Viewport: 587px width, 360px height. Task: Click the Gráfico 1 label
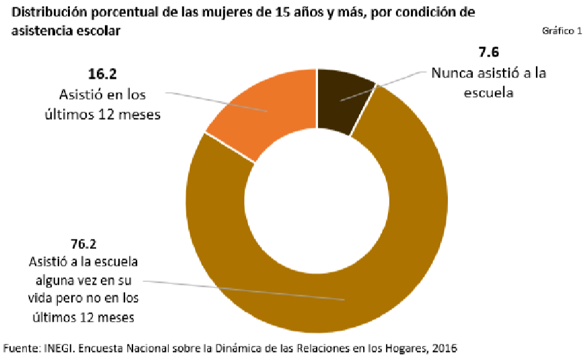561,31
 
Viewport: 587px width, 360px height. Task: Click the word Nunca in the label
453,73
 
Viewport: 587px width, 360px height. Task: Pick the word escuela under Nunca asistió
488,93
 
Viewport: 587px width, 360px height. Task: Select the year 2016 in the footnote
445,348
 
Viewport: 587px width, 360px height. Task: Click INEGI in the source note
61,348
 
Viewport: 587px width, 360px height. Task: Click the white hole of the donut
317,201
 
